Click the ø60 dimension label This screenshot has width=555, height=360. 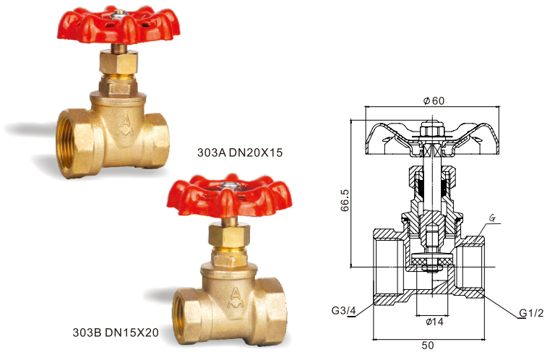pyautogui.click(x=433, y=100)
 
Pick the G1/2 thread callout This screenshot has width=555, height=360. pyautogui.click(x=533, y=312)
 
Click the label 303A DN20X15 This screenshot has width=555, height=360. pyautogui.click(x=239, y=153)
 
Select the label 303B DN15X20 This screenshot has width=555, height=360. pyautogui.click(x=116, y=333)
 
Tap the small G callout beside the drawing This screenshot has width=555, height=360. pyautogui.click(x=492, y=217)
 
